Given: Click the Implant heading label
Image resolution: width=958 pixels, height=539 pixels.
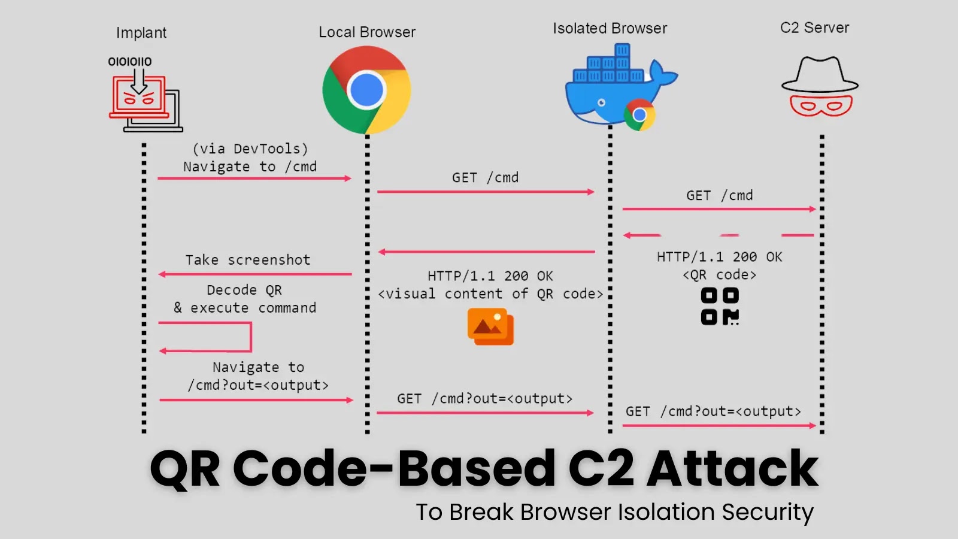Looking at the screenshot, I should pyautogui.click(x=141, y=33).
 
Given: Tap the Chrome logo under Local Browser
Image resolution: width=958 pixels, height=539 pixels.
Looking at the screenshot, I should pyautogui.click(x=366, y=90).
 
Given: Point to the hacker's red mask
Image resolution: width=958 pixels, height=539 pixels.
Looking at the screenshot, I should pyautogui.click(x=820, y=105).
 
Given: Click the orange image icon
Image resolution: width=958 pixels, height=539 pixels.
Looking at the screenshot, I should pyautogui.click(x=490, y=327).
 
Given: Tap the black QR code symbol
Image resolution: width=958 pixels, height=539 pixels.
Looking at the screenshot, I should pyautogui.click(x=720, y=306).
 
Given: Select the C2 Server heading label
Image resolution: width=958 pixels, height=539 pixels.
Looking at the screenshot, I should pyautogui.click(x=814, y=28).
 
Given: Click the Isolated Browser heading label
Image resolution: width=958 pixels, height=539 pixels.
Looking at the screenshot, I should pyautogui.click(x=610, y=29).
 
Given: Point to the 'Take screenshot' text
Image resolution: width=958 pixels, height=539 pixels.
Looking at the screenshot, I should pyautogui.click(x=248, y=260).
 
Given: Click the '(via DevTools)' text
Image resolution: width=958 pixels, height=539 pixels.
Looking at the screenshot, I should pyautogui.click(x=250, y=149).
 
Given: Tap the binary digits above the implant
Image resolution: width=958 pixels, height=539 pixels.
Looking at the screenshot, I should pyautogui.click(x=130, y=62).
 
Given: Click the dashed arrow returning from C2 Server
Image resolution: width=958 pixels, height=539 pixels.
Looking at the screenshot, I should pyautogui.click(x=718, y=235).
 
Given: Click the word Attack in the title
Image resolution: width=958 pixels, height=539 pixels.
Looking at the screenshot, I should pyautogui.click(x=732, y=468).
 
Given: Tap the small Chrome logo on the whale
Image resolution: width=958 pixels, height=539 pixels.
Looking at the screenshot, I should pyautogui.click(x=639, y=114).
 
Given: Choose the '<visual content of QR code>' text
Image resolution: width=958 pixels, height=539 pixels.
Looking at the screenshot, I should pyautogui.click(x=490, y=294).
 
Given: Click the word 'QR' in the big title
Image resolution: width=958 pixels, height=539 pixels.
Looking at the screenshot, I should pyautogui.click(x=185, y=468).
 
